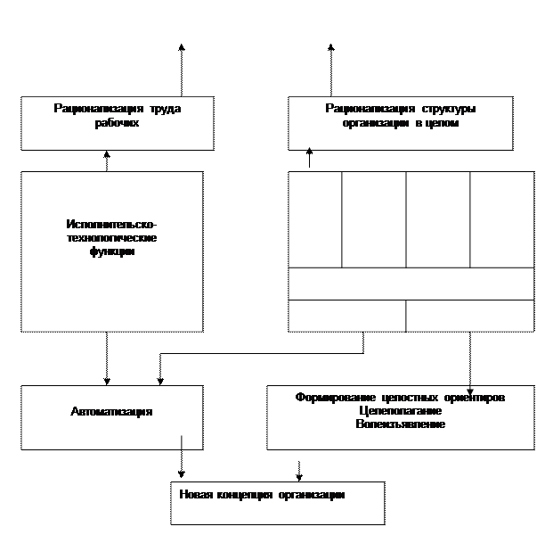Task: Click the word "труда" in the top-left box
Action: click(164, 109)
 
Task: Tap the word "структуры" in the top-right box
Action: click(447, 109)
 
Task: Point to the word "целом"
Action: click(443, 124)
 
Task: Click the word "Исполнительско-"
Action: click(111, 224)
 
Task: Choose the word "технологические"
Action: click(111, 238)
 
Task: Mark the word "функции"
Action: click(111, 252)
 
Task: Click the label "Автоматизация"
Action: click(111, 412)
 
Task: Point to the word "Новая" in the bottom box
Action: click(196, 495)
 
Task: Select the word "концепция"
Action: click(242, 495)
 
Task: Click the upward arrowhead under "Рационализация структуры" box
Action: click(309, 151)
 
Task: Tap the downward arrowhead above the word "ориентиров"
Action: click(470, 390)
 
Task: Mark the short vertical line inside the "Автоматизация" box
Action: click(182, 442)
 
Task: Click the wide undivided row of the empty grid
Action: click(411, 284)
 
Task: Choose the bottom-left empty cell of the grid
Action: click(346, 316)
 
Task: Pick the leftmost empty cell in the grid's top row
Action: click(314, 219)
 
